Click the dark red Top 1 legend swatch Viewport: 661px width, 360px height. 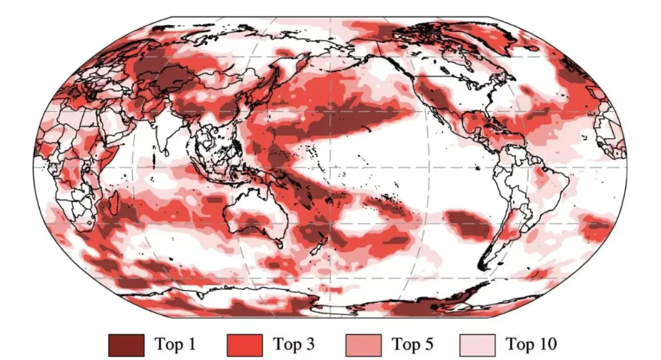(126, 344)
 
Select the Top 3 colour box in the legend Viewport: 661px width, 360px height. (244, 344)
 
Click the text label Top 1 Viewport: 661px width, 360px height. (175, 344)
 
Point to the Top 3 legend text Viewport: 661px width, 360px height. (293, 344)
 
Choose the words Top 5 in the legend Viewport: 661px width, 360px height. (412, 344)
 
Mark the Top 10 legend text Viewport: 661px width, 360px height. (531, 344)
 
